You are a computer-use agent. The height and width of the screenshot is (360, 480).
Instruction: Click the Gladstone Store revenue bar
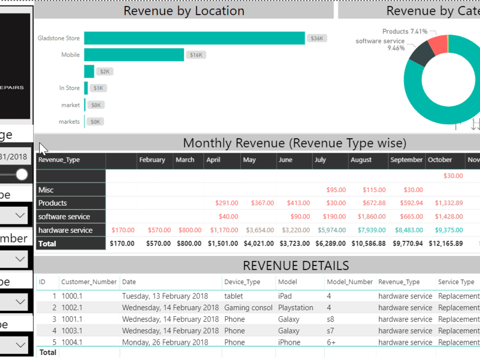tap(194, 38)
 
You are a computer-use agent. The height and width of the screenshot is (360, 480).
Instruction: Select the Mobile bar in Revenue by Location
tap(134, 55)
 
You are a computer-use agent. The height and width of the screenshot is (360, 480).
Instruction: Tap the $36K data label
tap(317, 38)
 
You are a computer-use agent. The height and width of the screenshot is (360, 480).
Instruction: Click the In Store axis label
tap(70, 88)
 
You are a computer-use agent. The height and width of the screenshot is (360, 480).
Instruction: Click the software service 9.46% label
tap(380, 45)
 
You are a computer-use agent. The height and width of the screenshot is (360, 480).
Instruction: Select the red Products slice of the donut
tap(438, 44)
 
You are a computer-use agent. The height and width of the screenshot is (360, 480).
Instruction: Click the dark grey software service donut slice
tap(419, 54)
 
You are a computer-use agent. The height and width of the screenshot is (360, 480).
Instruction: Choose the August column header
tap(361, 160)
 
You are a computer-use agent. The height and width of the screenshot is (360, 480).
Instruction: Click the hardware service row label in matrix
tap(65, 230)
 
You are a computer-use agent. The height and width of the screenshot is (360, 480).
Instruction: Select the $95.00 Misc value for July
tap(336, 190)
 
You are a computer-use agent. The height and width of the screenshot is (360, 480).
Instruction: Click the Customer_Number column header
tap(89, 282)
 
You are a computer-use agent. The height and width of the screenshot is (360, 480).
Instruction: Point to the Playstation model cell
tap(295, 308)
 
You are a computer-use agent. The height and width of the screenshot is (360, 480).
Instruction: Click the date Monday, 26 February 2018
tap(165, 342)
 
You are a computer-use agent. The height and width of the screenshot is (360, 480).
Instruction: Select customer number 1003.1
tap(72, 331)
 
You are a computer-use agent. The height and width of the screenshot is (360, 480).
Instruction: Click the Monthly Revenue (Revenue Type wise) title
tap(294, 143)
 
